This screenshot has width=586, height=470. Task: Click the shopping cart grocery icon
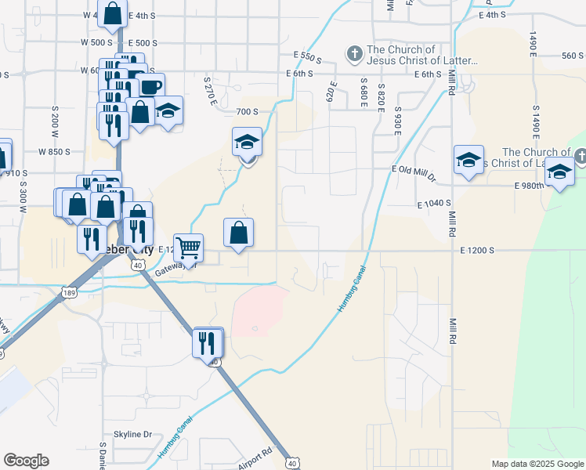click(x=188, y=248)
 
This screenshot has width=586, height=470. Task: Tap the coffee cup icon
click(x=151, y=86)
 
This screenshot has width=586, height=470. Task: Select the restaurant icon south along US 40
click(x=208, y=342)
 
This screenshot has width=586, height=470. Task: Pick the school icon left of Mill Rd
click(x=468, y=161)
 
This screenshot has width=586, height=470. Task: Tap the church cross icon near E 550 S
click(x=354, y=54)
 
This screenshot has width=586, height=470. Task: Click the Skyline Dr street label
click(x=132, y=434)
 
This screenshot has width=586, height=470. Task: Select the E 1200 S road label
click(x=478, y=250)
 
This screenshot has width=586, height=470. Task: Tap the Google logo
click(x=26, y=461)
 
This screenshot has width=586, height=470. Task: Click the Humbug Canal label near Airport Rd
click(x=172, y=443)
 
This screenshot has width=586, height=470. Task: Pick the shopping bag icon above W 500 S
click(x=113, y=13)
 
